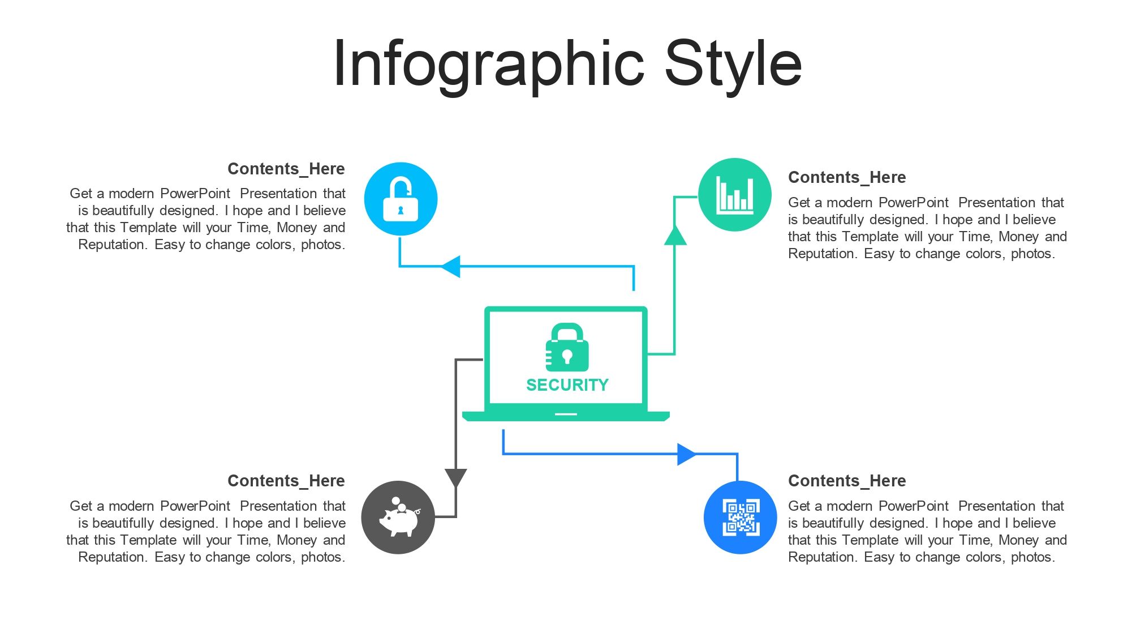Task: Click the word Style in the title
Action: point(733,64)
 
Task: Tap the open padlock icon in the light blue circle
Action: point(401,199)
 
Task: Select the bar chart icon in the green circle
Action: point(735,195)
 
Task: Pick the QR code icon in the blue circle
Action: point(741,518)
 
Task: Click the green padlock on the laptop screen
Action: point(567,347)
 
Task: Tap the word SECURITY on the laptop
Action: point(567,385)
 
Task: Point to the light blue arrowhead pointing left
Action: point(450,266)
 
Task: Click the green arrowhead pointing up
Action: point(675,235)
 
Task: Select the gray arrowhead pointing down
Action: point(456,478)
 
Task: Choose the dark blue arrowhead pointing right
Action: point(687,454)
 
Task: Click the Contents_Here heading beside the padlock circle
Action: point(286,169)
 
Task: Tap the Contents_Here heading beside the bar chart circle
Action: point(847,177)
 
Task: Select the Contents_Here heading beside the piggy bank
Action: point(286,481)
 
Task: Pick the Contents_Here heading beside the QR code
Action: point(847,481)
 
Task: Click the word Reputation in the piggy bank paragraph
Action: point(113,557)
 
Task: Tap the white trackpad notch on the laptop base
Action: point(566,414)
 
